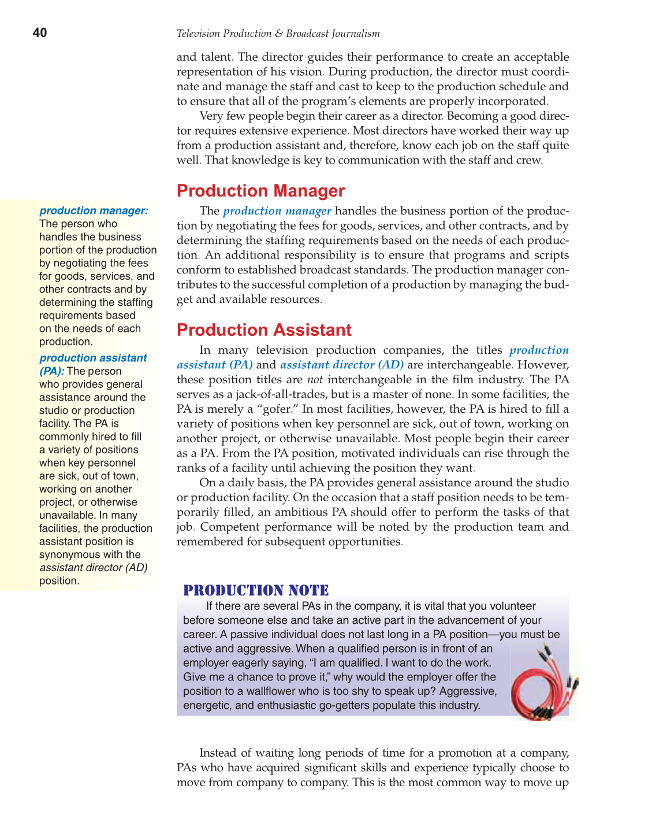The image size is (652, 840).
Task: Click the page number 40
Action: [40, 33]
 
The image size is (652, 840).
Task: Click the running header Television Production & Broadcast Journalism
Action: [278, 34]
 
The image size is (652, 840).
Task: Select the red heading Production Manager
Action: [260, 191]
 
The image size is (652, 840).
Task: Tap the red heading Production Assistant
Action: [264, 330]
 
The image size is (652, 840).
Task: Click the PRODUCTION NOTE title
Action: [256, 590]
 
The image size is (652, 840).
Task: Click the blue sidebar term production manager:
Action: [94, 211]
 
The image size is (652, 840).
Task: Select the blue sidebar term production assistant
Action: [93, 358]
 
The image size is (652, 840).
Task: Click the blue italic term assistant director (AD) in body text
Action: [341, 365]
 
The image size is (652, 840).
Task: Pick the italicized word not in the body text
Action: [314, 380]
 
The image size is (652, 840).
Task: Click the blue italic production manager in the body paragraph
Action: [277, 212]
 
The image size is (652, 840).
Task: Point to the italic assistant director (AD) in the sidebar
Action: [93, 568]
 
